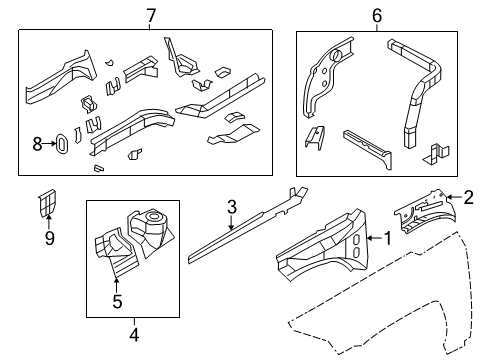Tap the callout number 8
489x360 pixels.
[x=38, y=144]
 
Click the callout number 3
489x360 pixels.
[x=231, y=207]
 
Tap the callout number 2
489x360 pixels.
[x=468, y=199]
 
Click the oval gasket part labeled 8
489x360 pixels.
[x=62, y=144]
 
